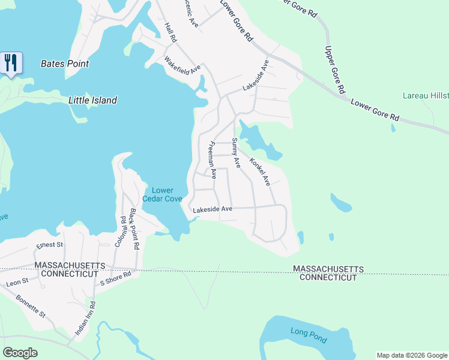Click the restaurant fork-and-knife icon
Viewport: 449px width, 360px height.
click(x=11, y=62)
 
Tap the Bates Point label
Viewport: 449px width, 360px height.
click(x=65, y=64)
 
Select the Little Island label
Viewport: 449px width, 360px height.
click(x=92, y=100)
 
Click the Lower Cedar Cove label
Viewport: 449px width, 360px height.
click(x=162, y=194)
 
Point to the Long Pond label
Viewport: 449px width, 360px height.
click(x=309, y=336)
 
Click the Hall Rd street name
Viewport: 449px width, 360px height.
click(x=170, y=33)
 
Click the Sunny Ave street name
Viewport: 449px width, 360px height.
click(x=236, y=152)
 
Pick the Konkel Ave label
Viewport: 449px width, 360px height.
click(x=261, y=172)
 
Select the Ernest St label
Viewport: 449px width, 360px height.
click(x=49, y=245)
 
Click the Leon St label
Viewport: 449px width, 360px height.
click(x=17, y=281)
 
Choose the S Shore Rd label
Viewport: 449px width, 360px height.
click(x=115, y=280)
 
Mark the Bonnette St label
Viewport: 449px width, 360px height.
click(x=31, y=305)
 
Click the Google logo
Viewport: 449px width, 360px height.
click(x=20, y=353)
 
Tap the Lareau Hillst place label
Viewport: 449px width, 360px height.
click(x=425, y=95)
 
